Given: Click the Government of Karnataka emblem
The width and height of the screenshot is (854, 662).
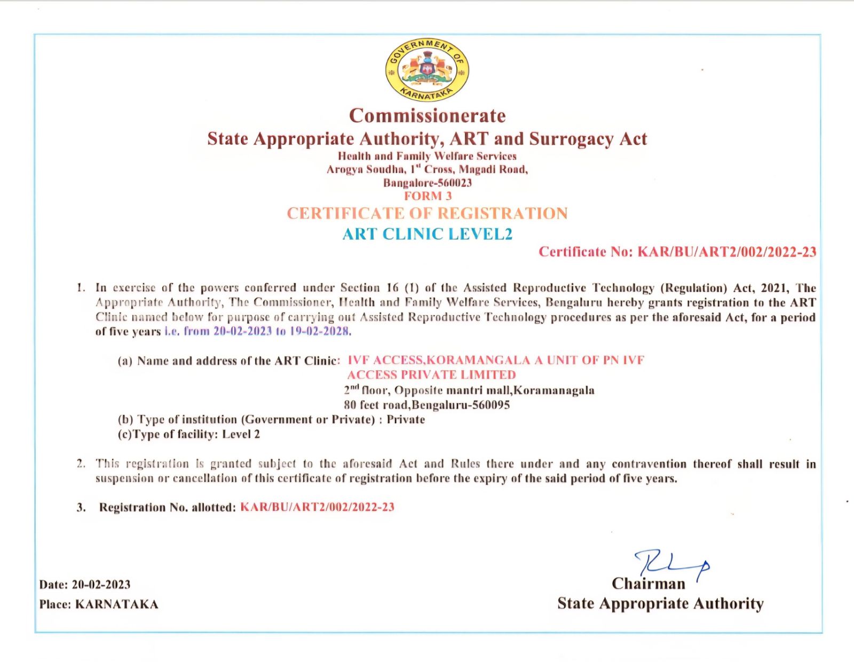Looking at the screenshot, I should pyautogui.click(x=427, y=70).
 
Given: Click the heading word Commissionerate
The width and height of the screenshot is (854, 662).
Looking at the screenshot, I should pyautogui.click(x=427, y=116).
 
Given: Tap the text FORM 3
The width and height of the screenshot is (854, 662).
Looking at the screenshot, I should pyautogui.click(x=428, y=196).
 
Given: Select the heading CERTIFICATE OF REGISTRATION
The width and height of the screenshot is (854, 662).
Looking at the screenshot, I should pyautogui.click(x=427, y=214).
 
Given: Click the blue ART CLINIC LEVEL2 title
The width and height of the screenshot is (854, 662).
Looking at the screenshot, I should pyautogui.click(x=427, y=234).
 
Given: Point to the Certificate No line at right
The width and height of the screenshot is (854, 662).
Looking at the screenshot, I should pyautogui.click(x=677, y=252).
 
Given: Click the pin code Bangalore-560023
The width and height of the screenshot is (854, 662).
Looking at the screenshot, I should pyautogui.click(x=428, y=183).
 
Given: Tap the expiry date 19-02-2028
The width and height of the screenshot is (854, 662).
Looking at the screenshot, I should pyautogui.click(x=319, y=331).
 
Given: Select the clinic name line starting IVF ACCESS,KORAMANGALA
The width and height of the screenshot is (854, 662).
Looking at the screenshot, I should pyautogui.click(x=495, y=360).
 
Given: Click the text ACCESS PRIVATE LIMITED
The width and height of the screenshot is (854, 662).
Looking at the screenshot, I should pyautogui.click(x=431, y=375).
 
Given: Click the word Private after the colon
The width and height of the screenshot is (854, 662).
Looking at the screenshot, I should pyautogui.click(x=406, y=420).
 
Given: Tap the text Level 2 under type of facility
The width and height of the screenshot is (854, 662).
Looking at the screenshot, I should pyautogui.click(x=241, y=434).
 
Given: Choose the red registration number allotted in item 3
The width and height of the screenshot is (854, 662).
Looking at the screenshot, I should pyautogui.click(x=317, y=507).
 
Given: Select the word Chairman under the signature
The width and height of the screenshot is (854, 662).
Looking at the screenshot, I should pyautogui.click(x=648, y=584).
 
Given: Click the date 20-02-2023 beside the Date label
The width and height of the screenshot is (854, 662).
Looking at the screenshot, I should pyautogui.click(x=101, y=585).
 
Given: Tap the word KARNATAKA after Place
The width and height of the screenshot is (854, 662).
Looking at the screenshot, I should pyautogui.click(x=116, y=604).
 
